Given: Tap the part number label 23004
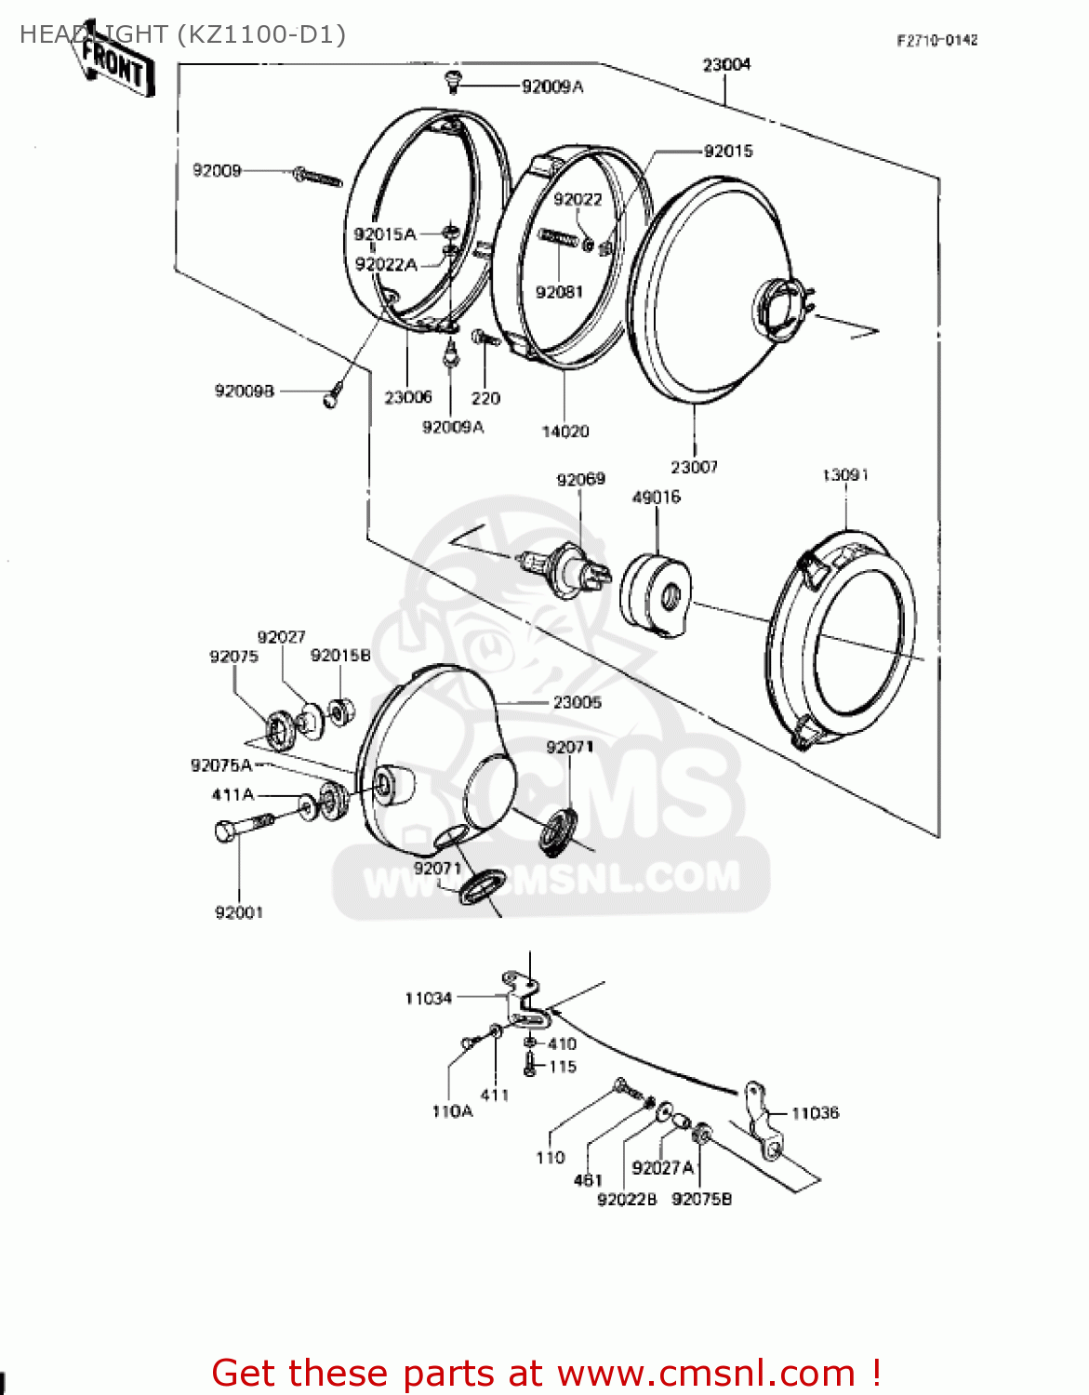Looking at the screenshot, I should [726, 64].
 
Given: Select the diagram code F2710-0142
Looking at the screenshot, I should [936, 40].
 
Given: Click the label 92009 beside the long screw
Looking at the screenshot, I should [217, 170].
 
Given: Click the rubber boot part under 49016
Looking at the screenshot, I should [656, 594].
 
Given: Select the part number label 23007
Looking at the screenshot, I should [694, 467].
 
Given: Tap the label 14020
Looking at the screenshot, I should [565, 431].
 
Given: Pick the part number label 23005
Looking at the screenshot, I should [577, 702].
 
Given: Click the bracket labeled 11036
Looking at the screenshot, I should [764, 1122].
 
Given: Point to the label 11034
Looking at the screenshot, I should [428, 998].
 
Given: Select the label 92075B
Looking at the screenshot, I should [701, 1199].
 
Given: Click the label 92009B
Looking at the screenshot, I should [245, 391].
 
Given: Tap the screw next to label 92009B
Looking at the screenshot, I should [334, 393].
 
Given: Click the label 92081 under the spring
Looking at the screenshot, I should [559, 292].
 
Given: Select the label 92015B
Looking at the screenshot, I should [340, 656].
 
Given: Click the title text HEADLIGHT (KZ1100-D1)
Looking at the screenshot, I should [182, 34].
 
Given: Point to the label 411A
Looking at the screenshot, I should [232, 794].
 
